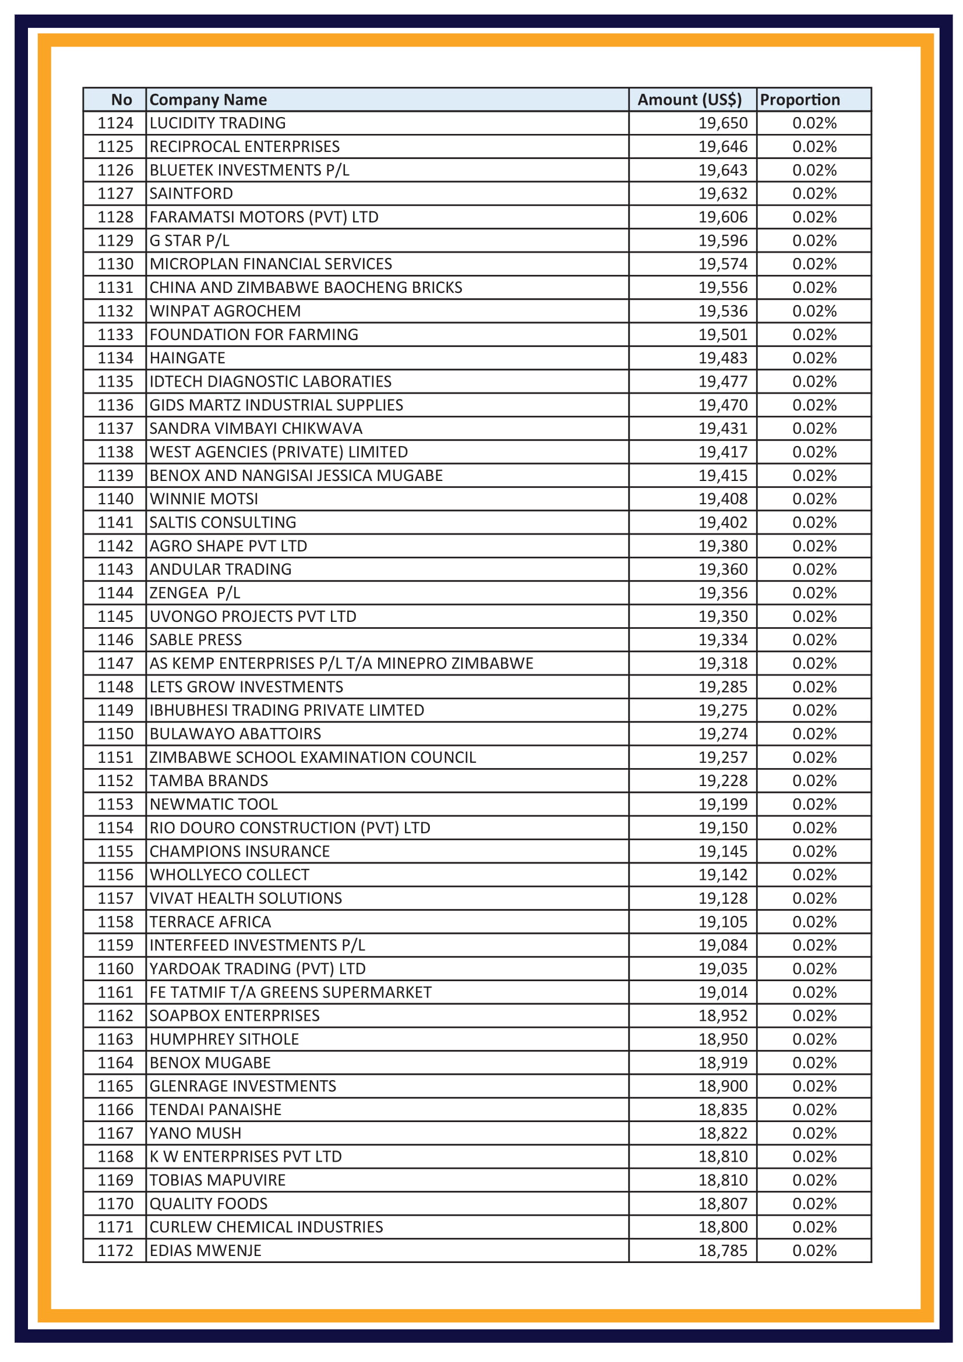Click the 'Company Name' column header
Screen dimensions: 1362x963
click(x=207, y=100)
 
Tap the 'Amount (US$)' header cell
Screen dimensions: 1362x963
click(x=689, y=100)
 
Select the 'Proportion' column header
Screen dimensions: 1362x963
click(x=799, y=100)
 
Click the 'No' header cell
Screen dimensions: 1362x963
click(x=122, y=100)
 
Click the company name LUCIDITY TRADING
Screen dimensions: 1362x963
click(x=217, y=123)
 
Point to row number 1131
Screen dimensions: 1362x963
click(x=115, y=287)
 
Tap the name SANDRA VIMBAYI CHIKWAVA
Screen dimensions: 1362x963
click(x=256, y=429)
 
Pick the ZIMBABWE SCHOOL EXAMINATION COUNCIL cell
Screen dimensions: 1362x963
click(x=312, y=757)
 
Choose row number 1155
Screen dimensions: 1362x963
click(x=115, y=851)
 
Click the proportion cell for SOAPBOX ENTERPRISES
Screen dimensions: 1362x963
click(x=814, y=1016)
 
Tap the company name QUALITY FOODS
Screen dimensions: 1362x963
click(x=208, y=1204)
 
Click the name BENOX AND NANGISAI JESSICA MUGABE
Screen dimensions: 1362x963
click(x=295, y=475)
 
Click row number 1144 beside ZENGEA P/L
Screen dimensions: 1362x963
click(x=115, y=593)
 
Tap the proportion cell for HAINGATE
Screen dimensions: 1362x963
click(x=814, y=358)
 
